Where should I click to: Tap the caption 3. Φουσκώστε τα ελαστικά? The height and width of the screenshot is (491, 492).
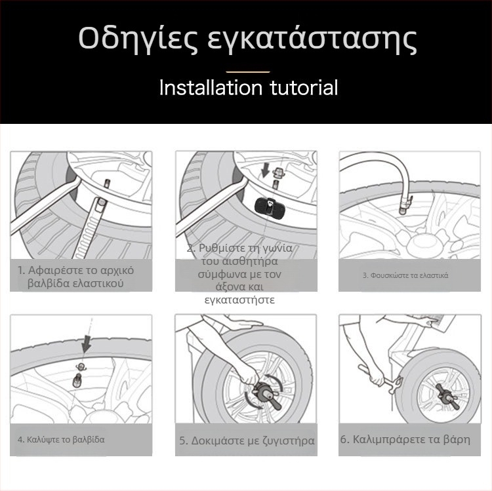[x=405, y=275]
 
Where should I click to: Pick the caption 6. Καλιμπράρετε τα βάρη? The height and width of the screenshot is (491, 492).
[x=405, y=439]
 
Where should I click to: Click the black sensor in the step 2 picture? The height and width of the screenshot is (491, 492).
[x=269, y=208]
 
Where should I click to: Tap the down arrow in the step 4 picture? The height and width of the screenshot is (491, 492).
[x=85, y=343]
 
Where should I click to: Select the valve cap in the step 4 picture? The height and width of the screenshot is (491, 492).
[x=80, y=367]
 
